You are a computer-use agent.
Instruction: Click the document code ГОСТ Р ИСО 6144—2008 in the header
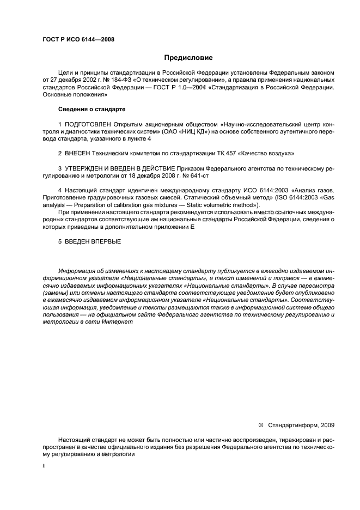(78, 39)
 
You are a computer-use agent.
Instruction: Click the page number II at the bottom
(44, 466)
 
